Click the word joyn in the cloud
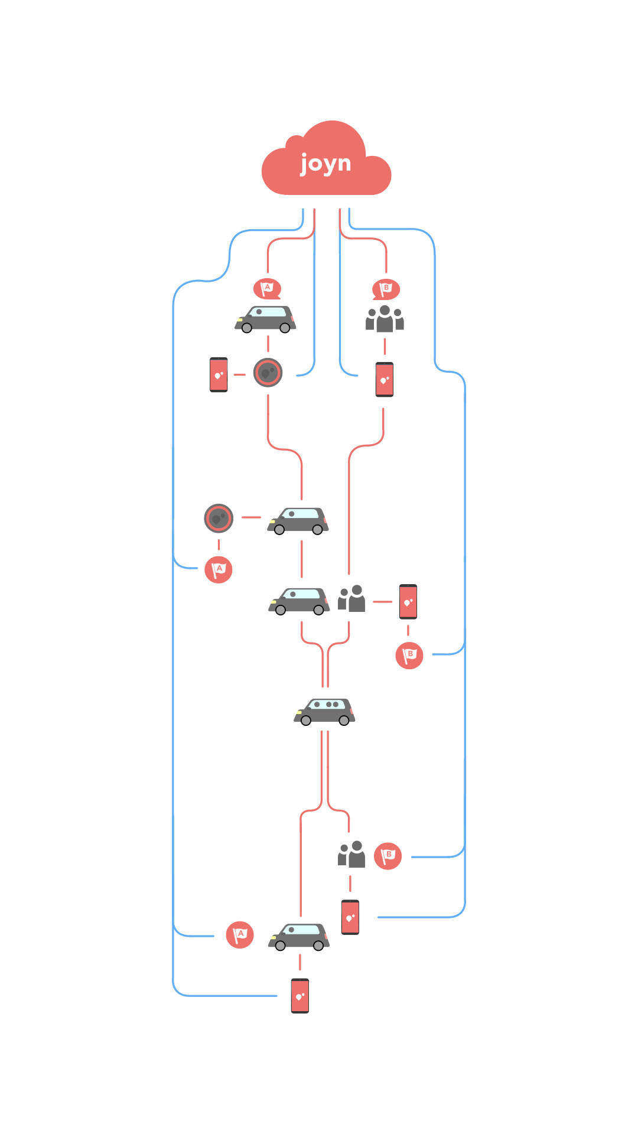(x=325, y=163)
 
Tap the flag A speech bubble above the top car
(x=267, y=289)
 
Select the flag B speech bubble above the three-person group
(x=386, y=289)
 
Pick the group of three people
(x=385, y=319)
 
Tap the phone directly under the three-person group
(x=385, y=379)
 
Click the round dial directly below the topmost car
(x=268, y=373)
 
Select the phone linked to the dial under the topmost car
(x=219, y=374)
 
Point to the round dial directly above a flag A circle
(x=219, y=519)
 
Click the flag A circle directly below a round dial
(x=219, y=569)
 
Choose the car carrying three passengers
(x=324, y=712)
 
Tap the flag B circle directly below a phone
(x=409, y=655)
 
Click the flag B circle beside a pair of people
(x=388, y=856)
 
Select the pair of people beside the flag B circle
(x=351, y=855)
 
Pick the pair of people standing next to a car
(x=351, y=598)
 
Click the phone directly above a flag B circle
(x=408, y=601)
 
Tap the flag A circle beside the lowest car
(x=240, y=935)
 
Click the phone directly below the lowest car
(x=300, y=996)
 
